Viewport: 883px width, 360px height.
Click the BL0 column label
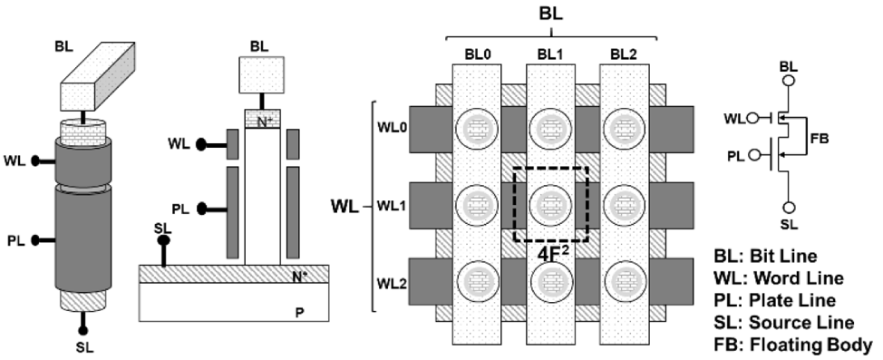tap(476, 55)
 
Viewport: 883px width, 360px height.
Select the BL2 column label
tap(624, 55)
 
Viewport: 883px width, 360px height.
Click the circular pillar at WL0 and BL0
tap(477, 129)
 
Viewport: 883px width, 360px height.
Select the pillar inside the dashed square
tap(551, 205)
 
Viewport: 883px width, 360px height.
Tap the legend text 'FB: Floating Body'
tap(793, 345)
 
